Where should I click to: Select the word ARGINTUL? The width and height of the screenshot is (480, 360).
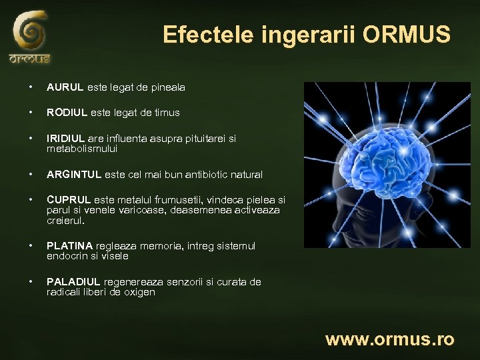73,175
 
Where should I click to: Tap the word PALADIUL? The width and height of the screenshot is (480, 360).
72,282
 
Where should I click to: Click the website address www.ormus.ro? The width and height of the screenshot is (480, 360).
389,339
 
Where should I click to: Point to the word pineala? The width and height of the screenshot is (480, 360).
168,87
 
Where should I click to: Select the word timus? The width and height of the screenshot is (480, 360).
167,113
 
